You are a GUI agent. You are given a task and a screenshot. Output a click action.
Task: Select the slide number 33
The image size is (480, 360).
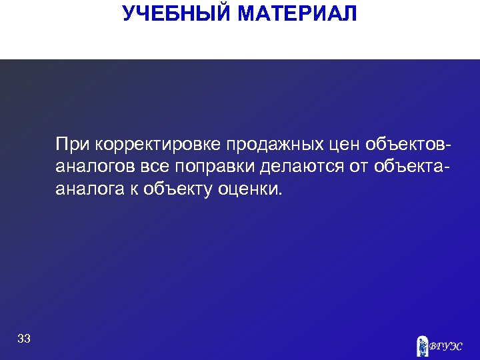(x=24, y=339)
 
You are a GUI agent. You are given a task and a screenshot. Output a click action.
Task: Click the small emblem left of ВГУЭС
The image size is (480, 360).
(x=421, y=345)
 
